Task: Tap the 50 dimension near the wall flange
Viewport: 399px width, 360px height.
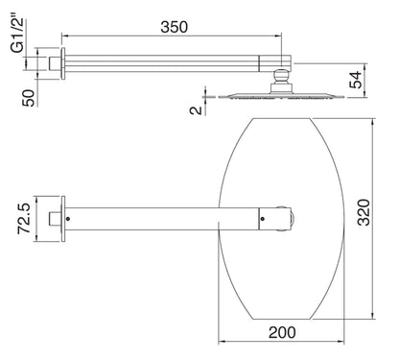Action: (28, 97)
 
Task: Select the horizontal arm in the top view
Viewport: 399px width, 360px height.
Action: (163, 218)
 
